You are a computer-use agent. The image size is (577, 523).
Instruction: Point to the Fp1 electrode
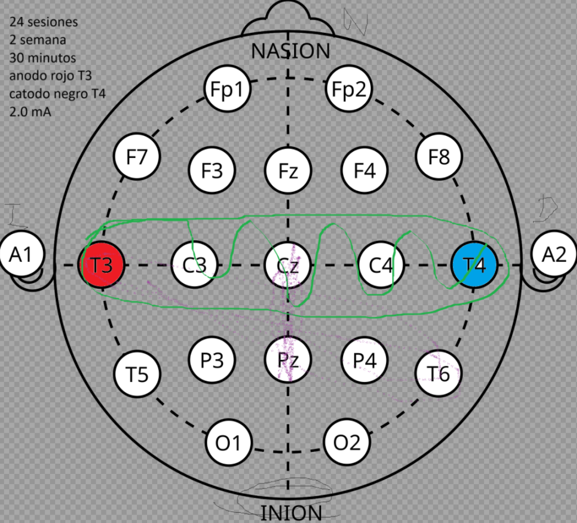coord(227,89)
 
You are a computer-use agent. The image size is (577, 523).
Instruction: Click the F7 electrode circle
coord(137,157)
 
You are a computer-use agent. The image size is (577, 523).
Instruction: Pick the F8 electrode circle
coord(439,157)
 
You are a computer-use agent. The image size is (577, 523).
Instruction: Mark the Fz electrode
coord(288,170)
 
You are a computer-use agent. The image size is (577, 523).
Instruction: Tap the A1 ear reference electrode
coord(21,256)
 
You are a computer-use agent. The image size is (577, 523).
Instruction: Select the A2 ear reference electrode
coord(554,256)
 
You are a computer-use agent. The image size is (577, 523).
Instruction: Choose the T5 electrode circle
coord(137,373)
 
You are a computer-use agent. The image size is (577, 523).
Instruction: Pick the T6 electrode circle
coord(439,372)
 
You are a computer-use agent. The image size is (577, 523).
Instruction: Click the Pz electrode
coord(288,359)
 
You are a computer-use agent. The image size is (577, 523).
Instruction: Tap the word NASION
coord(290,51)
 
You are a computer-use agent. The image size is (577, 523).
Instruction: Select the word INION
coord(291,513)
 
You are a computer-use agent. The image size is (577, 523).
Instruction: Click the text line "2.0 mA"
coord(30,111)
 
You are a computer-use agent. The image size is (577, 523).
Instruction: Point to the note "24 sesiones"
coord(43,23)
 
